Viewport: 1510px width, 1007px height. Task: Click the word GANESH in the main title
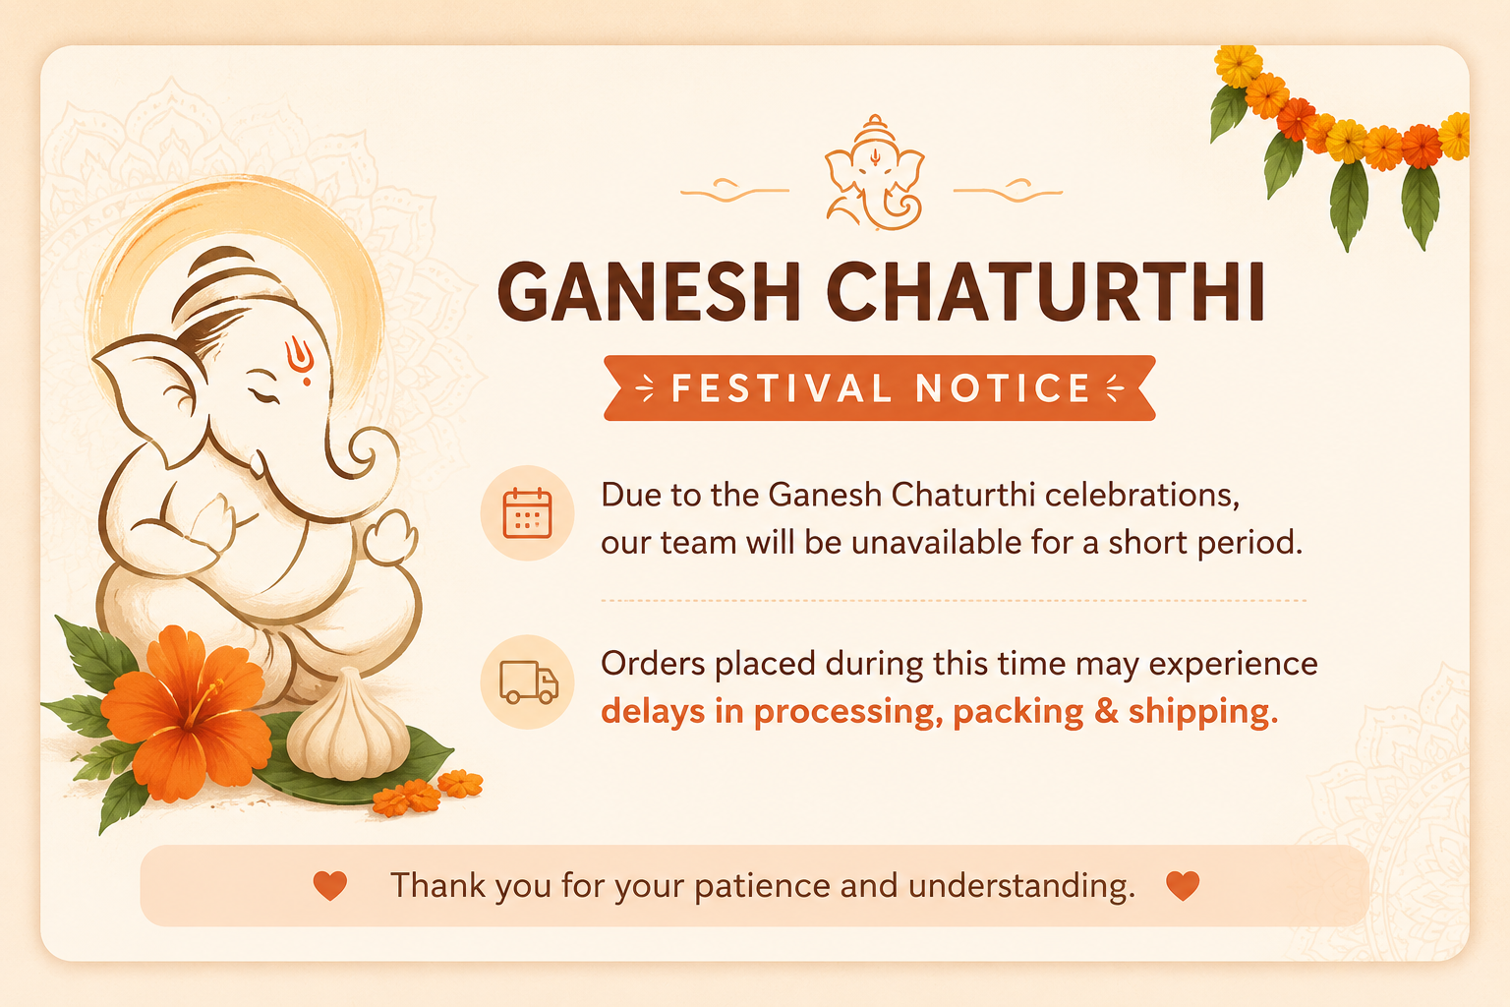coord(649,291)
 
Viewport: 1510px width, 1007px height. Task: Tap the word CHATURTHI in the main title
coord(1046,291)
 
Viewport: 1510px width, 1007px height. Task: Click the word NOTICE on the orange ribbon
coord(1003,388)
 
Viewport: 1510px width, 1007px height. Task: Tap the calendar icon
coord(527,513)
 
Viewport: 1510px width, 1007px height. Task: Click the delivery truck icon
coord(529,681)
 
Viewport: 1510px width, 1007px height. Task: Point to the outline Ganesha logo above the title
coord(874,173)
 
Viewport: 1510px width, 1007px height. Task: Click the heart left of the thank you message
coord(330,886)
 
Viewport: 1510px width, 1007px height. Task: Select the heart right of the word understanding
coord(1183,886)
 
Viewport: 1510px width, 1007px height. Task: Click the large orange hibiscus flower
coord(186,714)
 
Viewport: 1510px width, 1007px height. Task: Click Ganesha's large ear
coord(149,398)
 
